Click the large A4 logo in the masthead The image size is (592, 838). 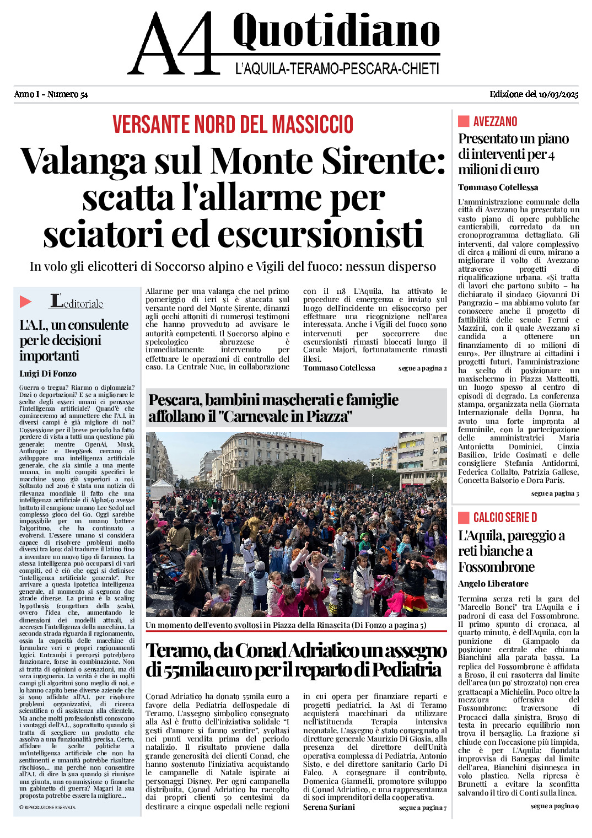pos(174,44)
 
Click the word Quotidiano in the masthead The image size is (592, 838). pos(336,31)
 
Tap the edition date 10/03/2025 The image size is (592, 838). pos(558,94)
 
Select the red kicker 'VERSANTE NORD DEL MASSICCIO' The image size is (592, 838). pos(233,125)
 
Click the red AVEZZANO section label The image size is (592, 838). pos(495,122)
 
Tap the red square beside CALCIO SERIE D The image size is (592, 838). pos(464,517)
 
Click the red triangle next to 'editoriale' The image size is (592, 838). pos(26,302)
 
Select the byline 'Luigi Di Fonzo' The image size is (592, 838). pos(48,374)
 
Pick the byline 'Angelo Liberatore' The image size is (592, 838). pos(493,584)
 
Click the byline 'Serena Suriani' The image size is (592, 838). pos(329,807)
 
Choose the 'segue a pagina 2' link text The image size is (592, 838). pos(422,368)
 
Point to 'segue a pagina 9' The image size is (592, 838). pos(555,806)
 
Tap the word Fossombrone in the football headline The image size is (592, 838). pos(496,567)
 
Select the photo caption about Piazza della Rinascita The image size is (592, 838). pos(286,625)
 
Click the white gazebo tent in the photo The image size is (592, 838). pos(162,488)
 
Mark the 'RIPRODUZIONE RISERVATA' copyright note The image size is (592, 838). pos(47,807)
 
